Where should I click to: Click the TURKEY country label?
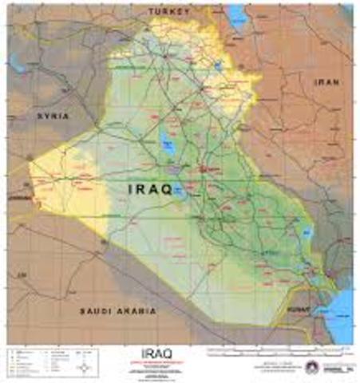[169, 13]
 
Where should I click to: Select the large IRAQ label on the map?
[150, 189]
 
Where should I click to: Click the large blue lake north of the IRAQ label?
[168, 144]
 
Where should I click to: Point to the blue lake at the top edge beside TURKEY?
[238, 14]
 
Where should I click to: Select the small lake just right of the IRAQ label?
[181, 190]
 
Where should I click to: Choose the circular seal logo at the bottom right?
[311, 367]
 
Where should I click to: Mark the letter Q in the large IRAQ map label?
[168, 189]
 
